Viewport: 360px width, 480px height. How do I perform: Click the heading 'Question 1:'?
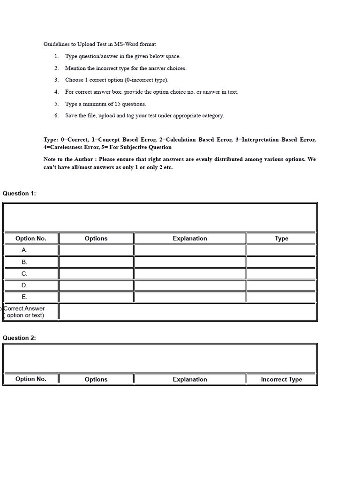click(19, 193)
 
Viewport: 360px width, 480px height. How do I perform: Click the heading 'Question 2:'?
click(19, 337)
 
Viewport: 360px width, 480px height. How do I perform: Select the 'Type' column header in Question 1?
click(281, 238)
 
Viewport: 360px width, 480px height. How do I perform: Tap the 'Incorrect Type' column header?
click(281, 379)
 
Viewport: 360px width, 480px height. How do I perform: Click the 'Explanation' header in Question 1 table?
click(189, 238)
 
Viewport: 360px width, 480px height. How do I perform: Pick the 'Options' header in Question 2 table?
click(96, 379)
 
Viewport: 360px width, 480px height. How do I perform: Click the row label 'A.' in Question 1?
click(25, 250)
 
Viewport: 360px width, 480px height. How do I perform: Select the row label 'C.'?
click(25, 273)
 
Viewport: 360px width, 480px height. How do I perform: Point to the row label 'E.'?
click(25, 297)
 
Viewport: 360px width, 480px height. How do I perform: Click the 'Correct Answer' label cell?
click(24, 312)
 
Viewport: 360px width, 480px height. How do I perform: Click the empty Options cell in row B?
click(96, 262)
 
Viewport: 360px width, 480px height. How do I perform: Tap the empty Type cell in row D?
click(281, 285)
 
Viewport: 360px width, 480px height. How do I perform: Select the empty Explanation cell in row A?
click(189, 250)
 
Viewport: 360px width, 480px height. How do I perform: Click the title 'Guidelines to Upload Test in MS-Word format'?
click(100, 44)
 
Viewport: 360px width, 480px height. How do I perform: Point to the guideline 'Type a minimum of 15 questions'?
click(105, 104)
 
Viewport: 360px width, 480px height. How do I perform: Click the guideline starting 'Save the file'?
click(144, 115)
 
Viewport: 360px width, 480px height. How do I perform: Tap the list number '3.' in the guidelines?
click(56, 80)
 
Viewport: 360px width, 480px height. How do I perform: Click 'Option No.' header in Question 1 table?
click(31, 238)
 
